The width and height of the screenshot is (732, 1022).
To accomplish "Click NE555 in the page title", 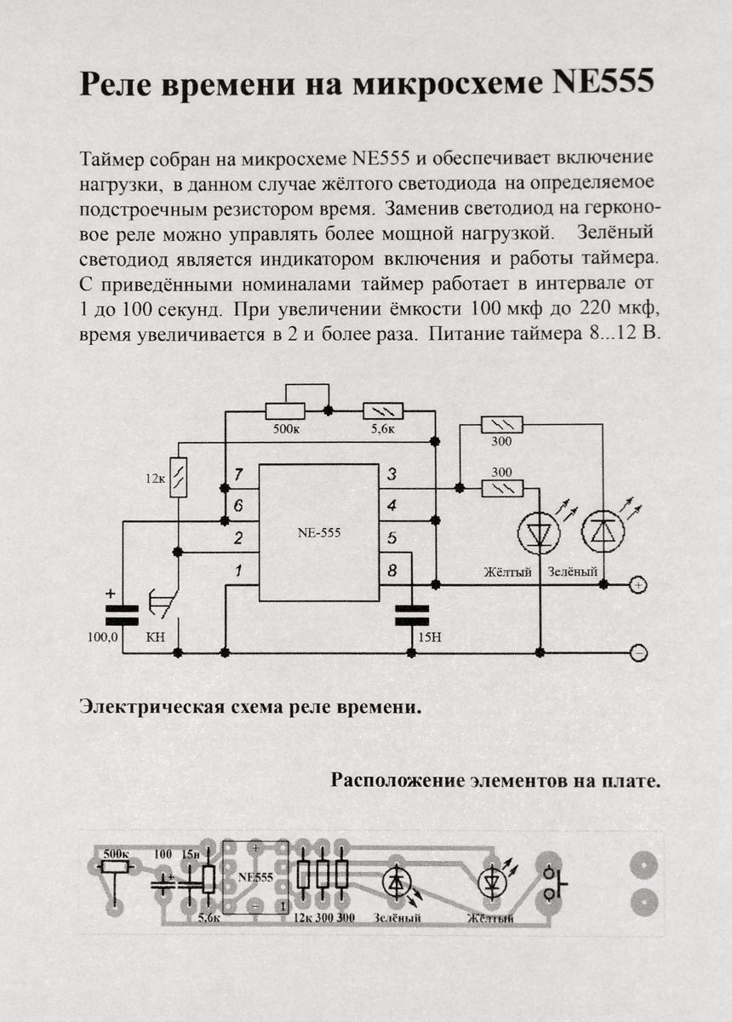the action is (x=603, y=83).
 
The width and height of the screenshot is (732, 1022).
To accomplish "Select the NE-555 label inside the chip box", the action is (x=319, y=532).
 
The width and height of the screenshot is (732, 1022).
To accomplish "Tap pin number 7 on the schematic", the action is (x=238, y=475).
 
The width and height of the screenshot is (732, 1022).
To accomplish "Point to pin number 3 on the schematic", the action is (x=392, y=474).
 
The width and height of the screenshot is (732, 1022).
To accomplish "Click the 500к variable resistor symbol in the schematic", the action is (x=285, y=411).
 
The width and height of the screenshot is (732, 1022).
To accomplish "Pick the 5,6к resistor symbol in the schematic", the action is (x=383, y=411).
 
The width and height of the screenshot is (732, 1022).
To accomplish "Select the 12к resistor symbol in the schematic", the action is (x=178, y=477).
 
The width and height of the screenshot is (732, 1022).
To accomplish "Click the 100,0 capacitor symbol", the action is (x=122, y=615).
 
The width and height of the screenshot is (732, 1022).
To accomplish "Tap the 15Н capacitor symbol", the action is (x=412, y=615).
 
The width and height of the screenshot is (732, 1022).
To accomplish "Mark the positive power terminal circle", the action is (x=638, y=584).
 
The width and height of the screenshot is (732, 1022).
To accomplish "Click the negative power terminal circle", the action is (x=638, y=653).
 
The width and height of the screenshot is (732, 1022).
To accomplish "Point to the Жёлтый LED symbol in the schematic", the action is (x=539, y=532).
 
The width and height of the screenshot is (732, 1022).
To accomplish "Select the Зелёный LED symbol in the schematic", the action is (x=603, y=532).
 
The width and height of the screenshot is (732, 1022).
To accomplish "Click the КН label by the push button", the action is (x=155, y=637).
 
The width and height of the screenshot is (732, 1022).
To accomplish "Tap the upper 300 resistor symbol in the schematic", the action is (x=502, y=426).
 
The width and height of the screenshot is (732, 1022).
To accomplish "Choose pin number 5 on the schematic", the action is (x=392, y=538).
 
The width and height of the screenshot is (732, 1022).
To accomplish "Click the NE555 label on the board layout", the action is (x=255, y=877).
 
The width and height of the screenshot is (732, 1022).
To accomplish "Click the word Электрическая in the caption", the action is (x=152, y=707).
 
